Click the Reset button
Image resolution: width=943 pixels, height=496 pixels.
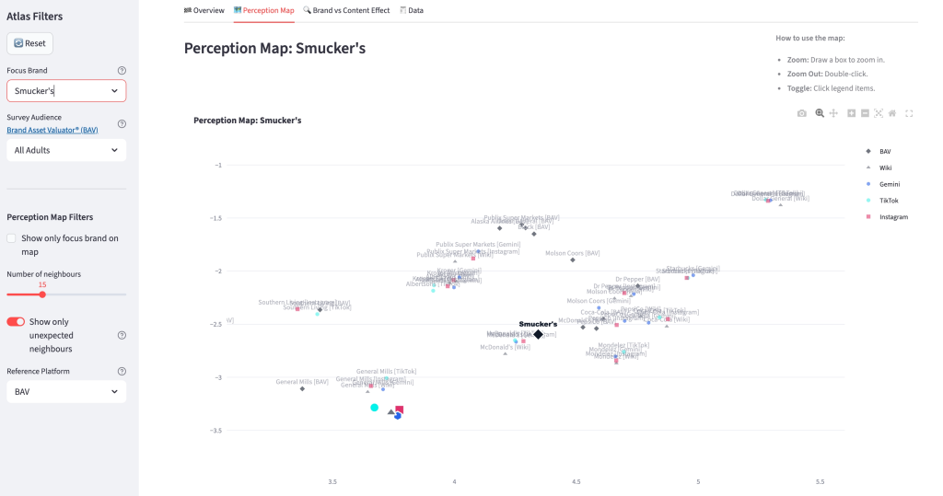[x=29, y=43]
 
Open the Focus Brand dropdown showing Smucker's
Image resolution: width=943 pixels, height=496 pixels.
[x=66, y=91]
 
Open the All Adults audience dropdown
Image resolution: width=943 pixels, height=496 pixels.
[x=66, y=150]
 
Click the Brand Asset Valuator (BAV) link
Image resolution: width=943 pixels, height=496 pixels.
[x=52, y=130]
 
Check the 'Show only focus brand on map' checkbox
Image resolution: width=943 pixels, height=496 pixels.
[x=11, y=238]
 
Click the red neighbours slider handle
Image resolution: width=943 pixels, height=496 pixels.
[x=42, y=294]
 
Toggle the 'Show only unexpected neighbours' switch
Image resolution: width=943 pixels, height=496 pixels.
[x=16, y=322]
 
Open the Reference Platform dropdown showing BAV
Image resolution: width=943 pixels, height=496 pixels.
[x=66, y=391]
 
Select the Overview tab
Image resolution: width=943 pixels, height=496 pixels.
[x=204, y=10]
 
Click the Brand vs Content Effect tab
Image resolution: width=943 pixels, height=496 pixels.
[x=345, y=10]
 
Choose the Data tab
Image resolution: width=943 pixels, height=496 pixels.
[x=412, y=10]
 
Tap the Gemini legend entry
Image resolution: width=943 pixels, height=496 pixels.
[x=889, y=184]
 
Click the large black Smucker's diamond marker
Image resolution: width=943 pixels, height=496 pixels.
[x=539, y=334]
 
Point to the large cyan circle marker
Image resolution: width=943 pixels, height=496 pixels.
[x=375, y=407]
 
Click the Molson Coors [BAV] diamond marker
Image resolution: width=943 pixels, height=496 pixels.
[x=572, y=260]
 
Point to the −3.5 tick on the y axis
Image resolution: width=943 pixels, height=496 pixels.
[x=217, y=431]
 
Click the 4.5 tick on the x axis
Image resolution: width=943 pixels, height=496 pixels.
[x=576, y=481]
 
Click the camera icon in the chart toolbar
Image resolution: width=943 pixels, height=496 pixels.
[x=802, y=113]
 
